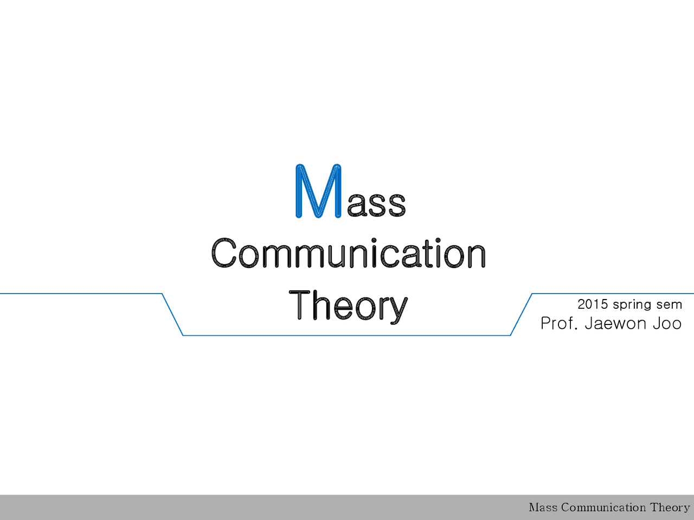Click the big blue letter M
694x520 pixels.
pos(318,191)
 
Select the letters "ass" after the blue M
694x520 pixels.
pos(376,204)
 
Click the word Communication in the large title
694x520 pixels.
pos(348,253)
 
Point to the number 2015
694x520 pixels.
pos(593,304)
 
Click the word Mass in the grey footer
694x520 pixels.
pos(543,508)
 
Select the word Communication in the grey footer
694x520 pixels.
pos(603,508)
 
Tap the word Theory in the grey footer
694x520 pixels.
pos(670,508)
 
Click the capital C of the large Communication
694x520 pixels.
pos(224,253)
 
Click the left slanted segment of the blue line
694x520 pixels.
pos(172,315)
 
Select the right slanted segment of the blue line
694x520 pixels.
pos(522,315)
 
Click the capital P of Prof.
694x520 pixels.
pos(546,323)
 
